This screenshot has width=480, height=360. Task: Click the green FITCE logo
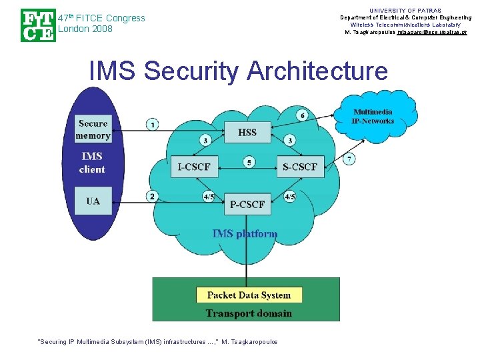pos(37,25)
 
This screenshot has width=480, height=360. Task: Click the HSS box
pos(247,132)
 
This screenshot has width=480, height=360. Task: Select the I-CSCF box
pos(193,167)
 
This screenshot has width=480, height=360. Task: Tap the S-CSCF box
pos(300,167)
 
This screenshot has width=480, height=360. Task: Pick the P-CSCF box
pos(247,204)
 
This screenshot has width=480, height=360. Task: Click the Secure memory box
pos(93,129)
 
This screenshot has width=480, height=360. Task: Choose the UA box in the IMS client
pos(93,201)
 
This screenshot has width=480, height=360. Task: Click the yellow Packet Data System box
pos(249,295)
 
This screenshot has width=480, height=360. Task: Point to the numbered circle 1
pos(153,124)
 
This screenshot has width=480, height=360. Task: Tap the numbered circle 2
pos(153,196)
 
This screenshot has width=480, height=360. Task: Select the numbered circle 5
pos(249,162)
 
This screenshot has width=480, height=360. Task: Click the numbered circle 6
pos(303,115)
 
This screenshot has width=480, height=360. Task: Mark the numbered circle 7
pos(349,159)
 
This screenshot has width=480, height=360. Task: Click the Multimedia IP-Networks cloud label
pos(373,116)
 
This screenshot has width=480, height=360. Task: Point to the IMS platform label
pos(245,233)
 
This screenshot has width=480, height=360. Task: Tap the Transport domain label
pos(249,313)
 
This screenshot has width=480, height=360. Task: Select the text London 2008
pos(85,29)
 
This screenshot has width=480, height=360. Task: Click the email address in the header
pos(431,32)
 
